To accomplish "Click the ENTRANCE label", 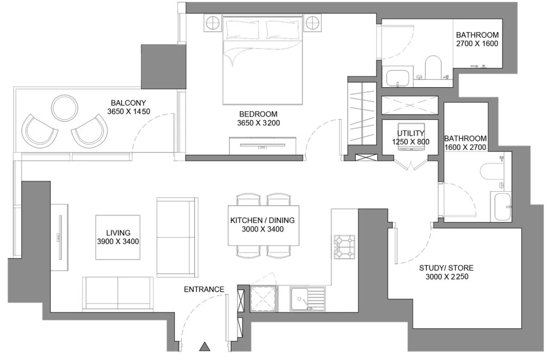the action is click(204, 289).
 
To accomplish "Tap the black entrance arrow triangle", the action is click(204, 346).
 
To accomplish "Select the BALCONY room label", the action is click(128, 103).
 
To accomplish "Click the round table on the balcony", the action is click(65, 108).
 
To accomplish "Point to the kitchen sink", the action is click(308, 299).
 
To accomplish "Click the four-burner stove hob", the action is click(344, 247).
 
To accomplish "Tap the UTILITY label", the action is click(410, 133).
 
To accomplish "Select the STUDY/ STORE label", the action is click(446, 268).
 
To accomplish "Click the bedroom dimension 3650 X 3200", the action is click(258, 123).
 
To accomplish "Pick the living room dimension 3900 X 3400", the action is click(118, 241).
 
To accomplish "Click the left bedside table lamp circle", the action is click(213, 23).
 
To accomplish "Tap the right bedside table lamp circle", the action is click(313, 23).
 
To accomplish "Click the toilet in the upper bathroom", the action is click(433, 67).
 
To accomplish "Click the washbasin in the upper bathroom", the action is click(398, 78).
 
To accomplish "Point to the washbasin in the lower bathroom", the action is click(502, 207).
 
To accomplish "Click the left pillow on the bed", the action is click(242, 30).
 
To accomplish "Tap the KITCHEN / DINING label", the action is click(262, 220).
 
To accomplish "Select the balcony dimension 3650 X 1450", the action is click(129, 111).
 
